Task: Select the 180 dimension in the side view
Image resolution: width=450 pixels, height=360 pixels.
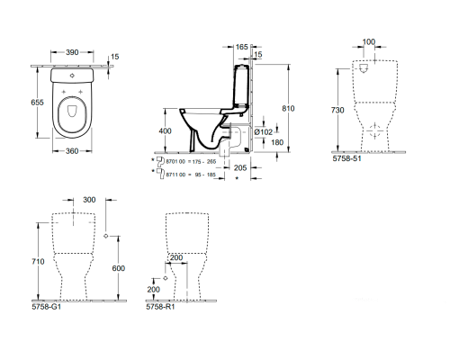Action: pos(278,143)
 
